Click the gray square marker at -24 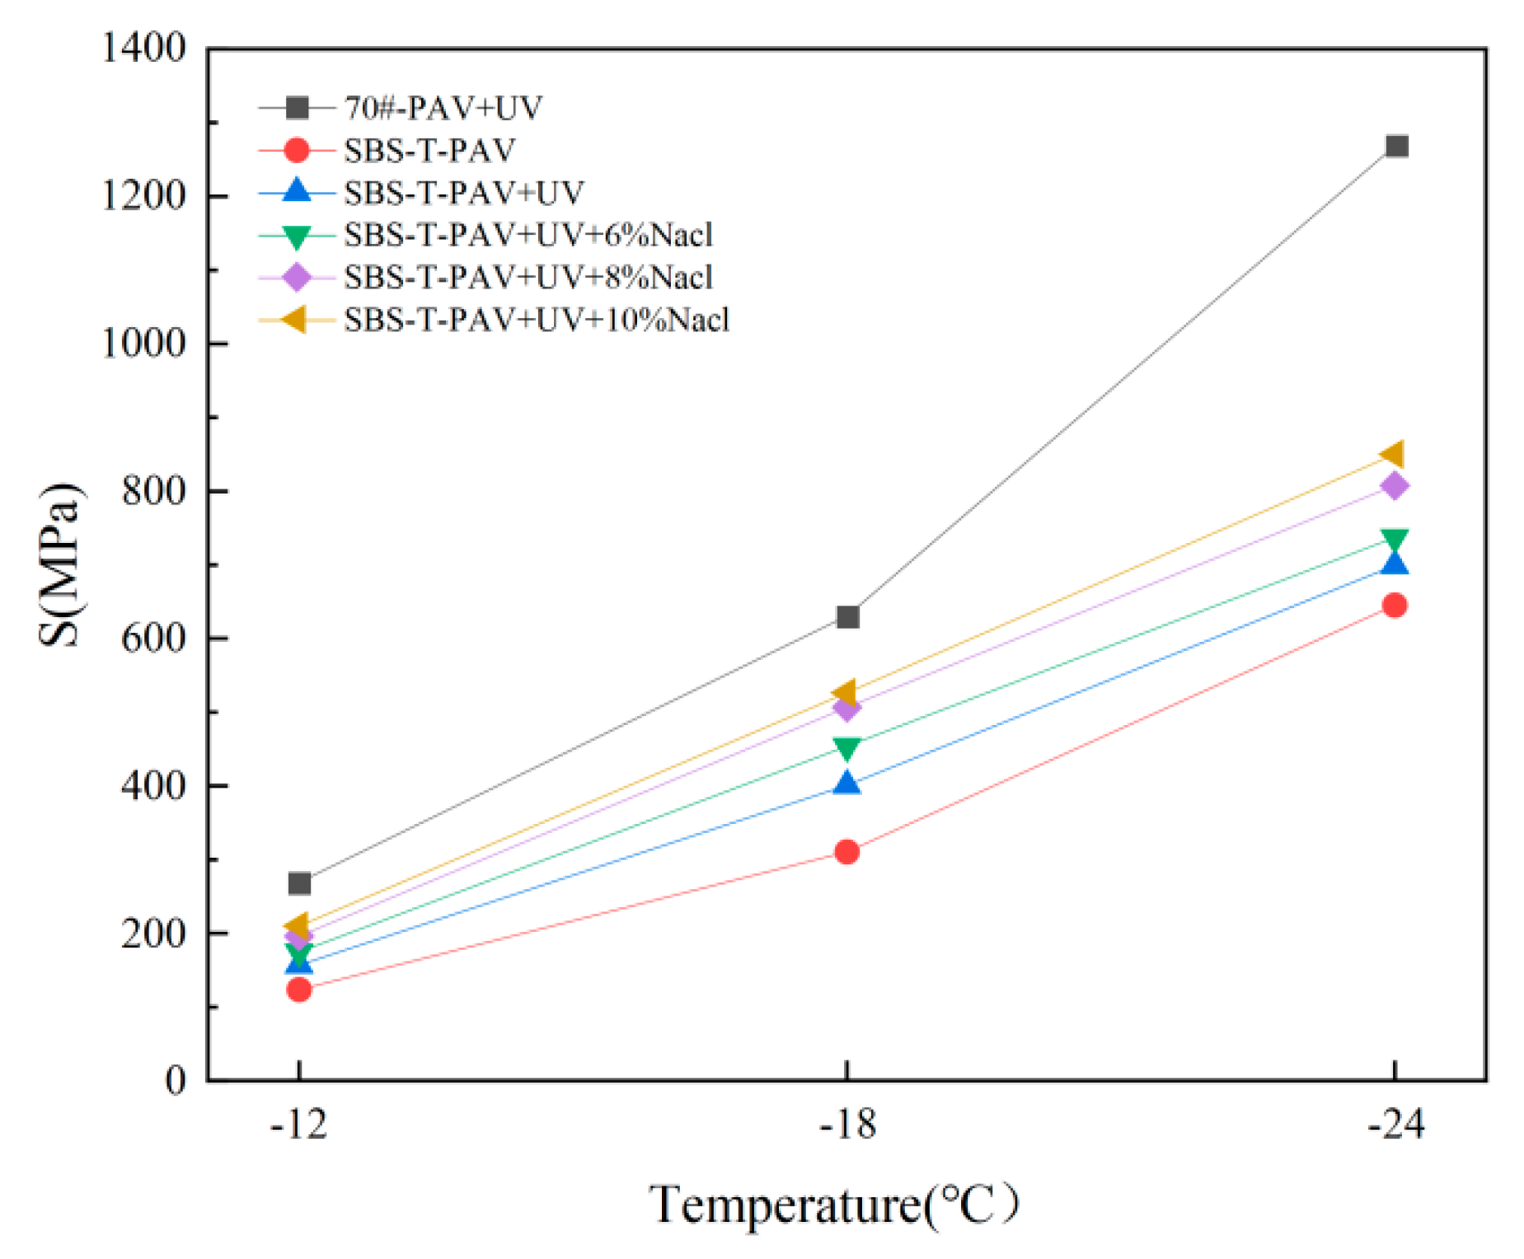tap(1396, 147)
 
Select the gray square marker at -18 tap(847, 617)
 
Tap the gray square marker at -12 tap(299, 883)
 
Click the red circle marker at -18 tap(847, 851)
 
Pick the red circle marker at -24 tap(1395, 606)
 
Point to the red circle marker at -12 tap(299, 989)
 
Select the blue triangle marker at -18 tap(847, 784)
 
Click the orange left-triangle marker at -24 tap(1393, 454)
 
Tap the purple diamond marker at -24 tap(1395, 486)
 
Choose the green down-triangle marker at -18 tap(847, 747)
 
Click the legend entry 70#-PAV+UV tap(443, 108)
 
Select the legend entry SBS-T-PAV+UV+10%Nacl tap(537, 320)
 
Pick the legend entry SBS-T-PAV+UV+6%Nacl tap(528, 235)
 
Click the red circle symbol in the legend tap(296, 150)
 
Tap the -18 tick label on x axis tap(847, 1124)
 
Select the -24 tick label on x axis tap(1395, 1124)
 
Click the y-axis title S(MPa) tap(61, 565)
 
